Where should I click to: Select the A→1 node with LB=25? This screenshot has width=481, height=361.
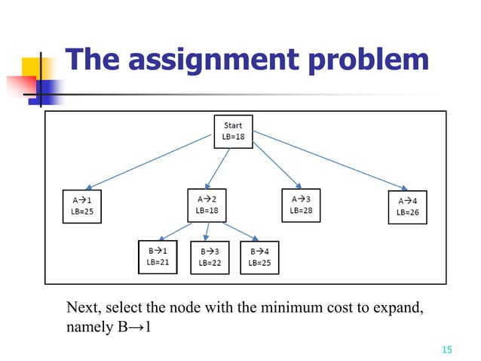pos(81,205)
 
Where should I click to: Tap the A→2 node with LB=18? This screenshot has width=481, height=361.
pos(207,204)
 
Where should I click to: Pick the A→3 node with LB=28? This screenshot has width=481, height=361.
pos(301,205)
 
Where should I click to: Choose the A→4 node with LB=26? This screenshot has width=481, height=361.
pos(408,206)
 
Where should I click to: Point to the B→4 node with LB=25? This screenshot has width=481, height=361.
pos(259,258)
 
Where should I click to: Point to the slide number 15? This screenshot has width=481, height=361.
pos(446,349)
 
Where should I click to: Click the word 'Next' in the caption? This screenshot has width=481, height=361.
pos(82,308)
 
